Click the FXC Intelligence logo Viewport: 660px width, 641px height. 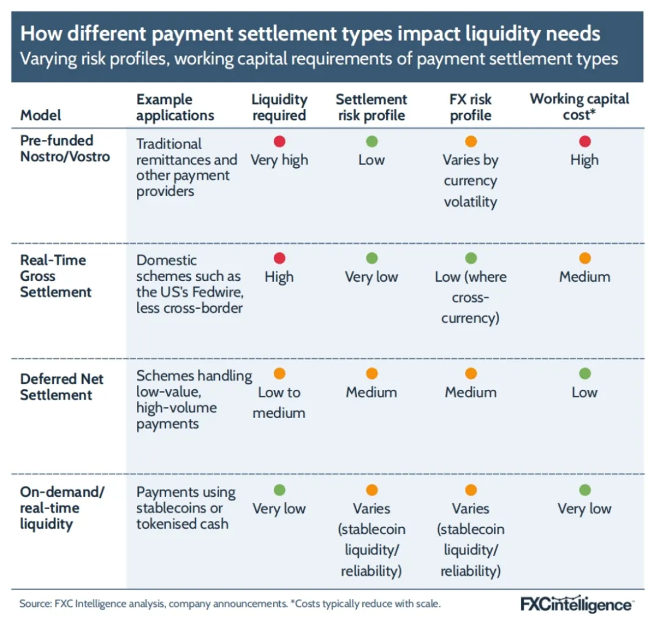576,605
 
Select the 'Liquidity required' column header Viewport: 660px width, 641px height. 279,108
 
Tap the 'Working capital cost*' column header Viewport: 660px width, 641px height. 579,107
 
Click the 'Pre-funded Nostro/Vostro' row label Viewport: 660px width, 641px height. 65,148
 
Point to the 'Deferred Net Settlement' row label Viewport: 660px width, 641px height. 62,387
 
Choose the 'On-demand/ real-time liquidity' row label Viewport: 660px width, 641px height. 58,508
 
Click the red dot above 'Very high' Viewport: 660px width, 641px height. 279,142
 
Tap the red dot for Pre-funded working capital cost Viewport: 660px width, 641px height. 585,142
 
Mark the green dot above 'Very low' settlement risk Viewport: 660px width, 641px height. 372,258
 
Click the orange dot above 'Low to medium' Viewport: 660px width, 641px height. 279,374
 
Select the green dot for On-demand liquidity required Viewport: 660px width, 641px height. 279,490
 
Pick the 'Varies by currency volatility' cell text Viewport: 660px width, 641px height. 471,181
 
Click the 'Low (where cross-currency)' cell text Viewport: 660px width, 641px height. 471,297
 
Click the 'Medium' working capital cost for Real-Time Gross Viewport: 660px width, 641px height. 585,277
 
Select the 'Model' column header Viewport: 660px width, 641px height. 41,115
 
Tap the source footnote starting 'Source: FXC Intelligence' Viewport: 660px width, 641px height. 230,604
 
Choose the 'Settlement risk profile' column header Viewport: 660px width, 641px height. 371,108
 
